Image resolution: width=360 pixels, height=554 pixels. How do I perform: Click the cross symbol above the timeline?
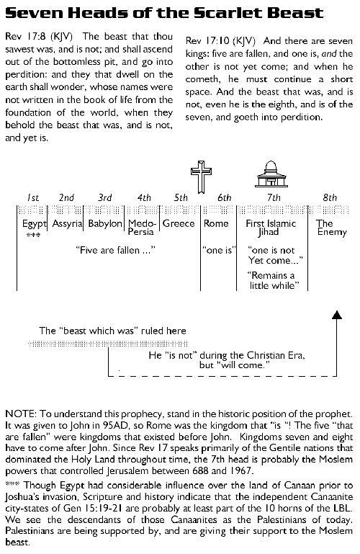pos(201,177)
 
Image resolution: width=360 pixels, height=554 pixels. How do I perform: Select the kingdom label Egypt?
pos(34,224)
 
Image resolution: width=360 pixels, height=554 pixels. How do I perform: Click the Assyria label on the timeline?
pos(68,223)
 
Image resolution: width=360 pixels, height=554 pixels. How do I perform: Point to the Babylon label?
pos(105,223)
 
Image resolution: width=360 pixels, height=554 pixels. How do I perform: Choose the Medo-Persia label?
pos(142,228)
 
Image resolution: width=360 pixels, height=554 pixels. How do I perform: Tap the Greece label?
pos(179,223)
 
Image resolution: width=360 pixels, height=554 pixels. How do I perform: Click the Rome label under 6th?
pos(216,223)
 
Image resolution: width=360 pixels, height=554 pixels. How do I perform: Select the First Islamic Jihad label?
pos(271,228)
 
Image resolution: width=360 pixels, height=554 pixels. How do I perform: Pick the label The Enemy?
pos(331,228)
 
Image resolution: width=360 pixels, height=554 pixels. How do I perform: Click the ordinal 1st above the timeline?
pos(33,197)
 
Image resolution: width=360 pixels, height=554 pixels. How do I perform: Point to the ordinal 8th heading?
pos(330,197)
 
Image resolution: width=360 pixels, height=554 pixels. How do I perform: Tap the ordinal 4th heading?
pos(144,197)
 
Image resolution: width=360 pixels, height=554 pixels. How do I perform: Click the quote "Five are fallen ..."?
pos(115,250)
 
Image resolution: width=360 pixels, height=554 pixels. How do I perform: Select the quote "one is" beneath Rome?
pos(219,250)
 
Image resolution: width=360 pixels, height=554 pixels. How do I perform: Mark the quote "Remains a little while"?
pos(271,280)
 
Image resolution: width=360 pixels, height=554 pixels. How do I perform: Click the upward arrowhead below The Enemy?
pos(338,314)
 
